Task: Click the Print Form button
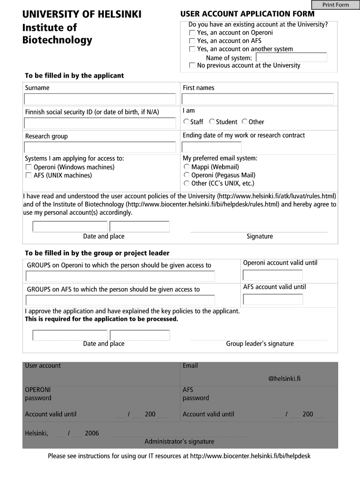(336, 5)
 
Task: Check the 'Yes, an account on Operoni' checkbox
(192, 33)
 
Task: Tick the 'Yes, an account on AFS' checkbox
(192, 41)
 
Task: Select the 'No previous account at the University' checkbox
(192, 66)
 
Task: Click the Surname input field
(100, 99)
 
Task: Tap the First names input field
(258, 99)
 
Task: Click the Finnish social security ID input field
(100, 123)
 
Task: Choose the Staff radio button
(186, 122)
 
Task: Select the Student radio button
(212, 122)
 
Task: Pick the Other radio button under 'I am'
(245, 122)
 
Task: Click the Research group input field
(100, 147)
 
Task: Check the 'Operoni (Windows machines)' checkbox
(29, 167)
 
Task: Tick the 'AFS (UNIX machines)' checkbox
(29, 176)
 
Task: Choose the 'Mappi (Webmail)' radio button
(187, 167)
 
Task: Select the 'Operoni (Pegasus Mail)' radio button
(187, 175)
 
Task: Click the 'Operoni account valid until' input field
(273, 275)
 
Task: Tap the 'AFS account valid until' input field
(273, 299)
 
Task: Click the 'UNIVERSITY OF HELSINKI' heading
(82, 15)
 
